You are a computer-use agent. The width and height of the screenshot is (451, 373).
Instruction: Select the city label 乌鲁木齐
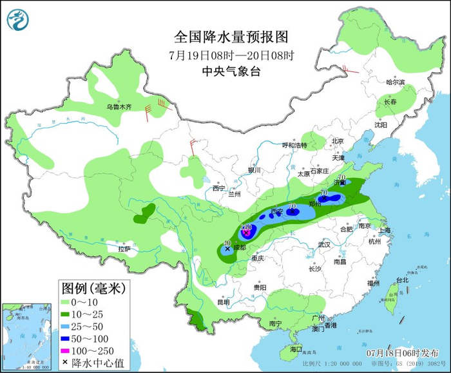coord(119,107)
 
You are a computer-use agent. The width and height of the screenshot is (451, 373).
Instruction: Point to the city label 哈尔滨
coord(395,82)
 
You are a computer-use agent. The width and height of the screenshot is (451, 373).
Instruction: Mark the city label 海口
coord(296,349)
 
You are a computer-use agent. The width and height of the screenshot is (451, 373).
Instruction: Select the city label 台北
coord(402,280)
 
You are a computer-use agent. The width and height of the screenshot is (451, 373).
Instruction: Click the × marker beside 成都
coord(227,247)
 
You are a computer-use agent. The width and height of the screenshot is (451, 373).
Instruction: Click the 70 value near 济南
coord(341,177)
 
